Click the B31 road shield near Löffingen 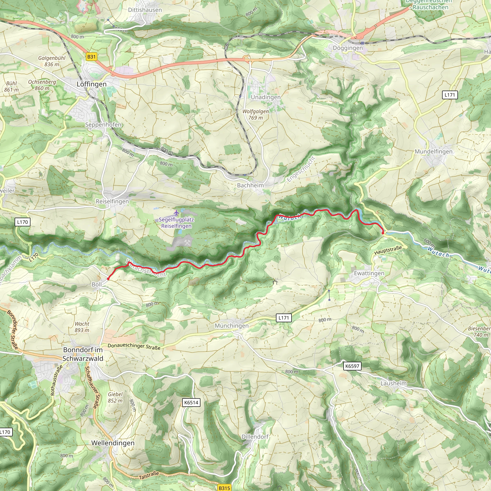(91, 57)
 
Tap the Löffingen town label (92, 84)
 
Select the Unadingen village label (266, 97)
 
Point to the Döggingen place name (348, 48)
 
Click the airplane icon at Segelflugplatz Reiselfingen (176, 212)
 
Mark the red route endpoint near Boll (108, 279)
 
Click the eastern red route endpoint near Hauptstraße (383, 233)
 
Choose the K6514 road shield (191, 402)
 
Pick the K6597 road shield (352, 366)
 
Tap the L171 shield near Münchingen (284, 318)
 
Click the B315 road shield (224, 488)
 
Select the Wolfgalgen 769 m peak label (255, 114)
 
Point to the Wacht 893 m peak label (82, 327)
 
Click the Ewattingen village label (369, 273)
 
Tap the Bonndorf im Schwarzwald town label (83, 354)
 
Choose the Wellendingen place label (113, 443)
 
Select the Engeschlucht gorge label (301, 169)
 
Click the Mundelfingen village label (433, 152)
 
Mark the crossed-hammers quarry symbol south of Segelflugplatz (187, 243)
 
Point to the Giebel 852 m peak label (115, 397)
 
